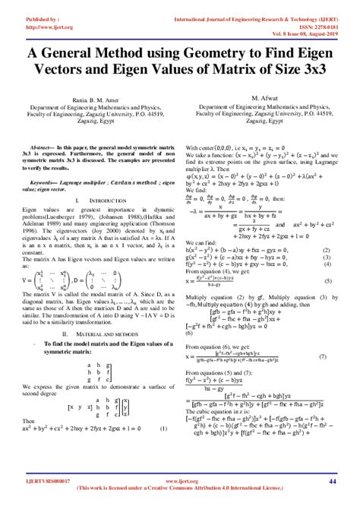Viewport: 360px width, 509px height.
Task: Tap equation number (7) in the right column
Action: [x=323, y=356]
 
